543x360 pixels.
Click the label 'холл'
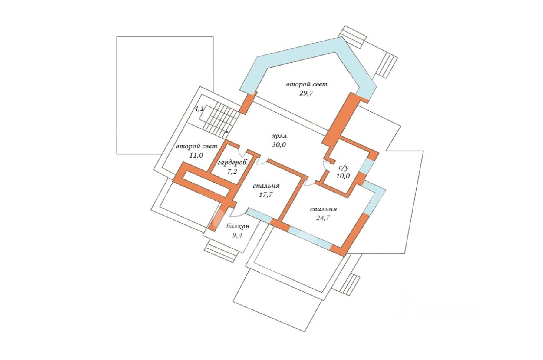280,136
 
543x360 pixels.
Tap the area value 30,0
279,145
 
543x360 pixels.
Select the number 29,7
306,93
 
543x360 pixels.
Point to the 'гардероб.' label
233,163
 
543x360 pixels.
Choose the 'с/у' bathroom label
343,167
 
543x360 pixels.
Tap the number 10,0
343,176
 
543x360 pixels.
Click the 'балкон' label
238,226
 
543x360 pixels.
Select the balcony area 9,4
237,235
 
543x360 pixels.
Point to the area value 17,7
266,195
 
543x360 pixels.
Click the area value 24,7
323,218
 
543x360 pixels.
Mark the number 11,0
196,155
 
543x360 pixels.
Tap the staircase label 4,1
199,109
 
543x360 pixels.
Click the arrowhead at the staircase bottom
227,132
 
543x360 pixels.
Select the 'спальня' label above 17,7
266,186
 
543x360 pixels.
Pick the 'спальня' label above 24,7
323,209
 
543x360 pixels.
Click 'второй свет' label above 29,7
307,85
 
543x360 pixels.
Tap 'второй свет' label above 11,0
196,146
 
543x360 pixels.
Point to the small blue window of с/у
366,165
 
